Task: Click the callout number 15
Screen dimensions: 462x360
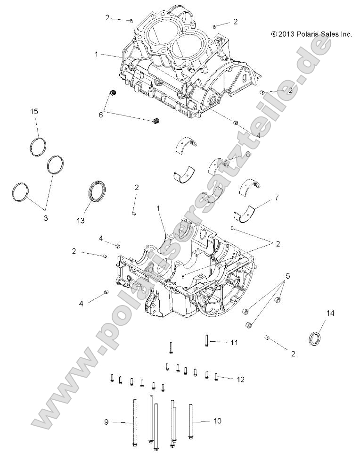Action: pos(34,111)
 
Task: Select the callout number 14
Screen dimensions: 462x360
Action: pos(330,313)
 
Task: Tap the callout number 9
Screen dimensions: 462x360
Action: pos(106,422)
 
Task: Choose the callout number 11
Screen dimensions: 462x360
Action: pos(234,342)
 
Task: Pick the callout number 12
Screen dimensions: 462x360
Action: pos(241,379)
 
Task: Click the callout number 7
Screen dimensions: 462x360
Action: pos(276,198)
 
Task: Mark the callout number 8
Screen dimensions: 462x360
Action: pos(248,154)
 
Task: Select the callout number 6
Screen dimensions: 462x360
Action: pos(100,114)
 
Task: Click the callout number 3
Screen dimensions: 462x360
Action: pos(46,218)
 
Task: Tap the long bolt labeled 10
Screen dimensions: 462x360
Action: pos(191,422)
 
